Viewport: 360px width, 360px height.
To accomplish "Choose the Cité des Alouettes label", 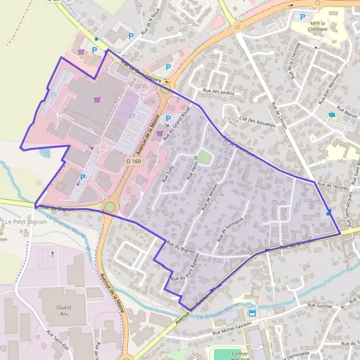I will pyautogui.click(x=257, y=121).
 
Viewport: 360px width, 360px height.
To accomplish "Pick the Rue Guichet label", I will pyautogui.click(x=320, y=305).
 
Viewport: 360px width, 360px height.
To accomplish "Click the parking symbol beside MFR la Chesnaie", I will pyautogui.click(x=302, y=17).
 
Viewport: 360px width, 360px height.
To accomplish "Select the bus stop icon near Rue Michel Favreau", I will pyautogui.click(x=253, y=313).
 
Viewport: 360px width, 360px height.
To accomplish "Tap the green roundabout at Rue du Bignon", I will pyautogui.click(x=110, y=207).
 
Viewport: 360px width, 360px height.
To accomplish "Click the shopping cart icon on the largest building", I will pyautogui.click(x=97, y=99).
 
